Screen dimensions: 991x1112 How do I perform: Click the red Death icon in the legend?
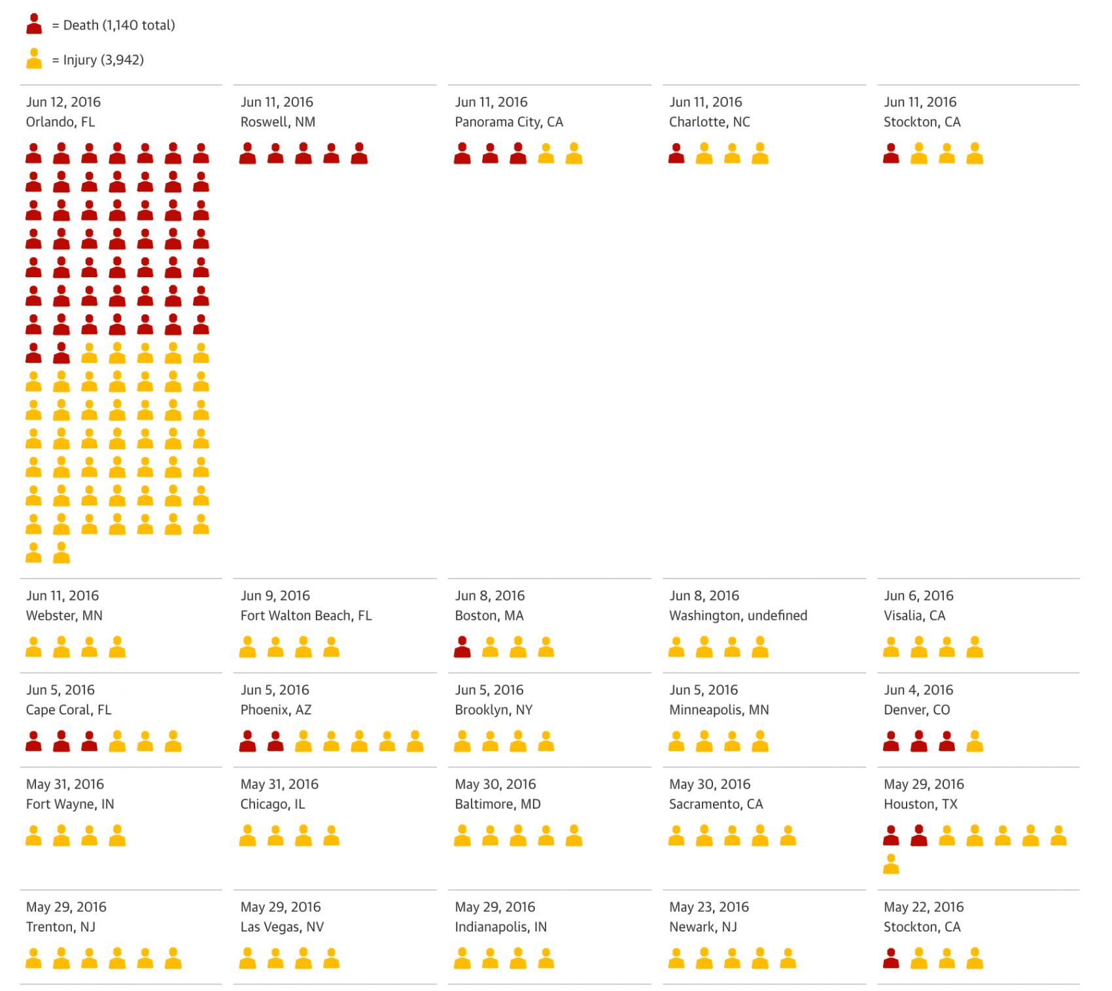point(34,24)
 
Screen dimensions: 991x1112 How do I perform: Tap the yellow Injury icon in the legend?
point(34,59)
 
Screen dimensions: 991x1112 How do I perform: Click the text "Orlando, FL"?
point(60,122)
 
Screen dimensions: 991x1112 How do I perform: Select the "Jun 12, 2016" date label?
point(63,102)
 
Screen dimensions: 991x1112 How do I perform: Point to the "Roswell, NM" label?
point(277,122)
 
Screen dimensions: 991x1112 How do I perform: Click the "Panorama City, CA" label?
point(508,122)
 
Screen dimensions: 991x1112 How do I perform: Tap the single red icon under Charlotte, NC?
point(676,154)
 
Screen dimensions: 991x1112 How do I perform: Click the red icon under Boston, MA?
point(462,647)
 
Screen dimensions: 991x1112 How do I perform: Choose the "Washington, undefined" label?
point(738,616)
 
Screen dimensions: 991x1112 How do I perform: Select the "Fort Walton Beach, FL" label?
point(305,616)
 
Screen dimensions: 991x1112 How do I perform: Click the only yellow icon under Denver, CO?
point(975,741)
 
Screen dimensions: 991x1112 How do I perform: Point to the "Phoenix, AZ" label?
point(275,710)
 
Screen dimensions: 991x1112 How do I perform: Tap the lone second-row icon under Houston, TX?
point(891,864)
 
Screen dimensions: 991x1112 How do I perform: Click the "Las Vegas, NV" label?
point(282,927)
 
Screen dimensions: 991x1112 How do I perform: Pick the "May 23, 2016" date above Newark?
point(709,907)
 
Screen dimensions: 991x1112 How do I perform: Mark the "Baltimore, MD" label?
point(497,804)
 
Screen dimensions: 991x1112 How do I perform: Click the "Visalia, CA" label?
point(914,616)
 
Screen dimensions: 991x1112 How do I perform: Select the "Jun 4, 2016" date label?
point(918,690)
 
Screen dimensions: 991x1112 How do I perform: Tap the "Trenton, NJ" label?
point(60,927)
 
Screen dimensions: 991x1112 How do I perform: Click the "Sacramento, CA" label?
point(716,804)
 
